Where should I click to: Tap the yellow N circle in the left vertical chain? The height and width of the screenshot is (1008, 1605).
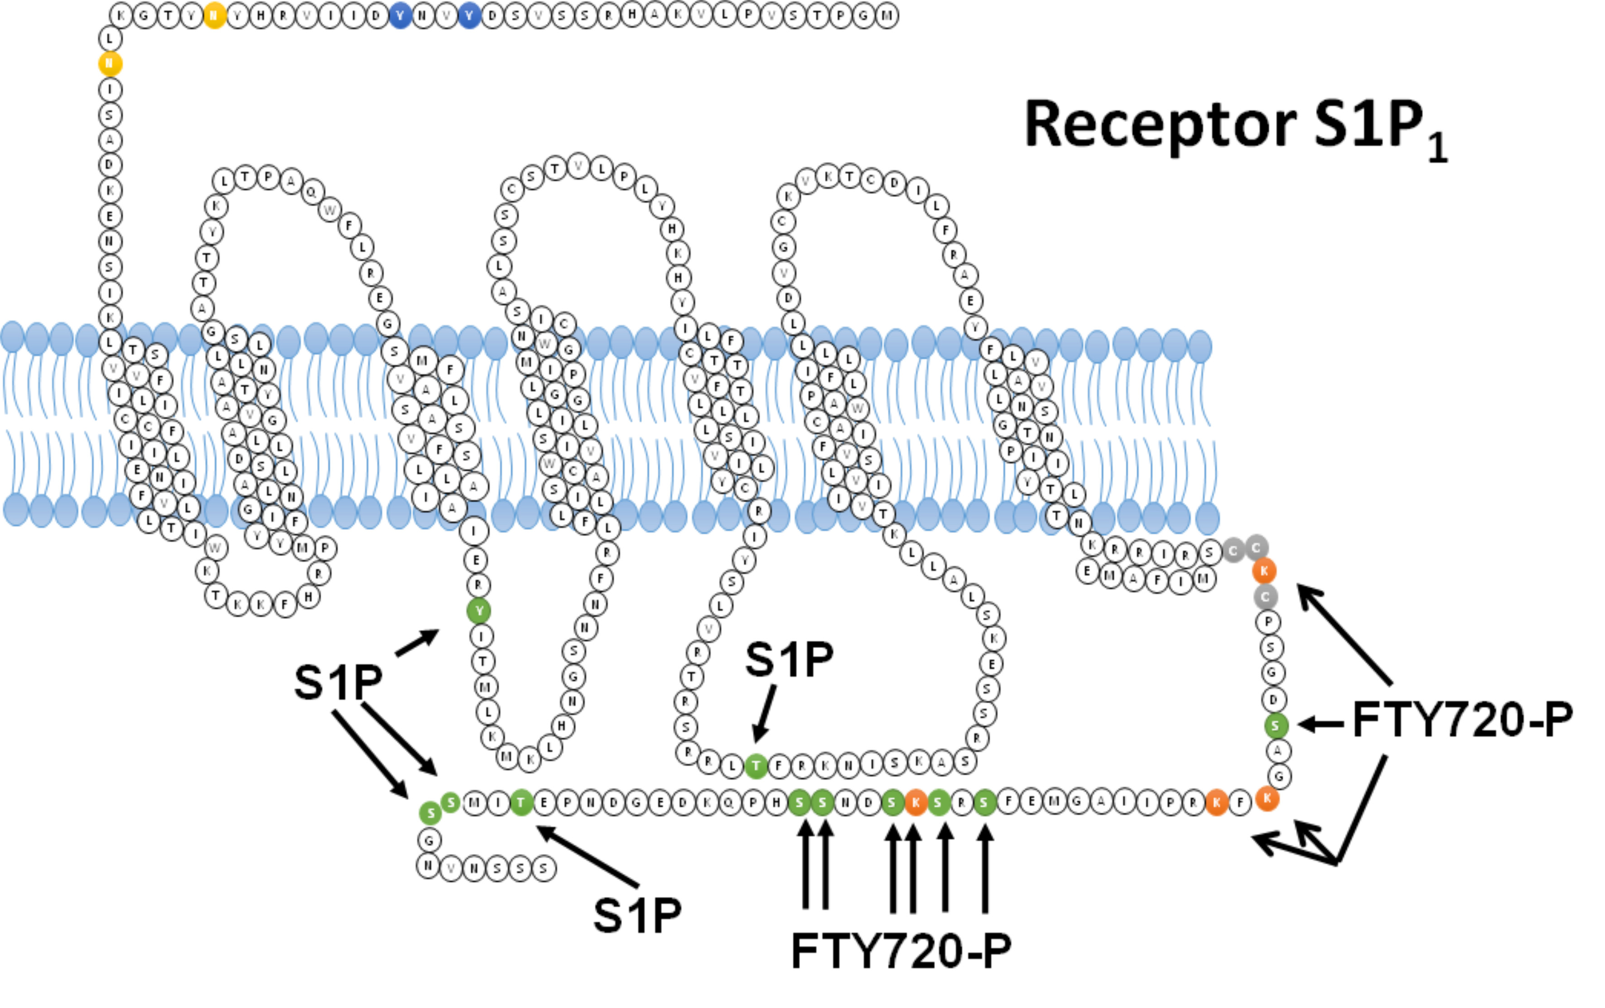pyautogui.click(x=110, y=63)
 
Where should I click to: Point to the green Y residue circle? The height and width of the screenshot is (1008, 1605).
pyautogui.click(x=478, y=610)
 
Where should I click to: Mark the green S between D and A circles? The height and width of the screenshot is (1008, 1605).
pyautogui.click(x=1275, y=725)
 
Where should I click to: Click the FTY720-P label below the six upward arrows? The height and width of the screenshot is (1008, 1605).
pyautogui.click(x=901, y=951)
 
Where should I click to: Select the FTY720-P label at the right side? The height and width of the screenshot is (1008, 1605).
pyautogui.click(x=1462, y=720)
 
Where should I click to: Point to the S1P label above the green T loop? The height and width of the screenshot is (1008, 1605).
pyautogui.click(x=789, y=660)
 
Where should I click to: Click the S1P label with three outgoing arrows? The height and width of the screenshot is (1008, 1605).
pyautogui.click(x=338, y=682)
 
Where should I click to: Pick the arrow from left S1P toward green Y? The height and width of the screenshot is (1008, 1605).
pyautogui.click(x=417, y=643)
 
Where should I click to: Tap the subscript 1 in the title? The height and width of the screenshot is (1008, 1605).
pyautogui.click(x=1438, y=149)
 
